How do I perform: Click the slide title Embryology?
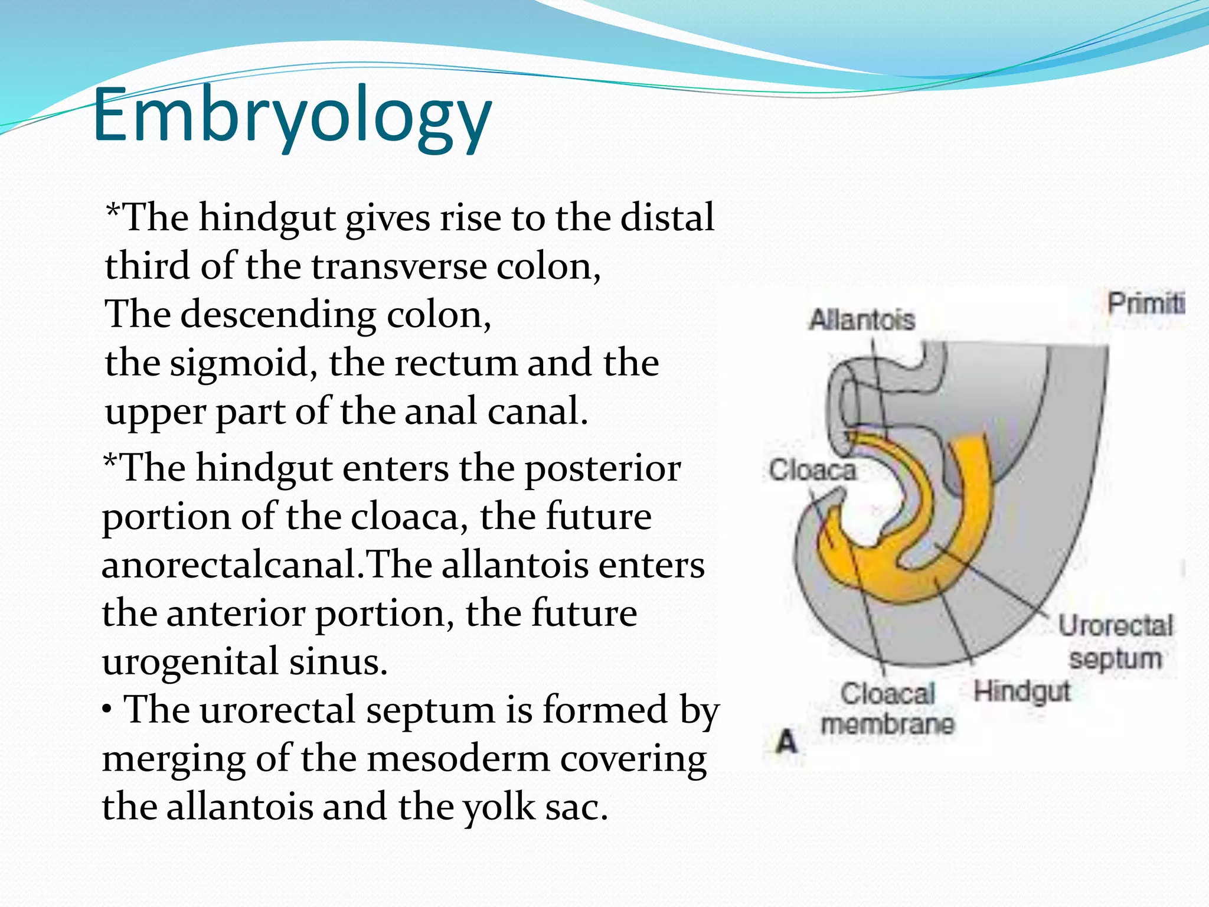(x=292, y=115)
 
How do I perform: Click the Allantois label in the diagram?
(x=861, y=320)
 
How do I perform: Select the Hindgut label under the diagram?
(x=1021, y=691)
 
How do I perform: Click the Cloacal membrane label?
(x=887, y=709)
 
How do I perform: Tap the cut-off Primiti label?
(x=1145, y=304)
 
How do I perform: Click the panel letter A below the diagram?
(x=787, y=742)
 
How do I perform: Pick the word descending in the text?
(x=278, y=315)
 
